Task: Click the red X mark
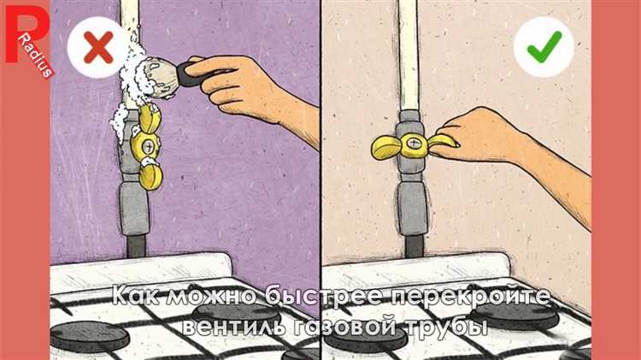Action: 98,48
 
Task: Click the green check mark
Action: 544,47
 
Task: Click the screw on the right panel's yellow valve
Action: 413,143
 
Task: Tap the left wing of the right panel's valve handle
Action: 386,147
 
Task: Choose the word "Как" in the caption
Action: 136,296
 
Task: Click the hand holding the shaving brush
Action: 245,88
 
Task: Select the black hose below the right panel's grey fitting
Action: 414,246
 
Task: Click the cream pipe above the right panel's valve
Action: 409,56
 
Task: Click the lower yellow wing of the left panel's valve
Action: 150,176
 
